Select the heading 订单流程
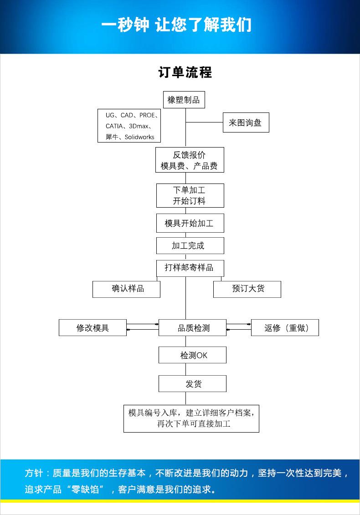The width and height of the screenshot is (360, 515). (x=185, y=72)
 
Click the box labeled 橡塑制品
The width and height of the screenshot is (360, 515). (x=184, y=100)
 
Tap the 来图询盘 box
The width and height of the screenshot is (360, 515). (x=246, y=122)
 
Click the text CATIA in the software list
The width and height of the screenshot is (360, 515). (x=114, y=126)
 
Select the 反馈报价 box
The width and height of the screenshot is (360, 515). (x=189, y=160)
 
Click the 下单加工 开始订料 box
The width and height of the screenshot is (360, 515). (x=190, y=195)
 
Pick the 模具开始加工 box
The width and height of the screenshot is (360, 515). (x=190, y=223)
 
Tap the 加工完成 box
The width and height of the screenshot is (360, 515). (x=190, y=245)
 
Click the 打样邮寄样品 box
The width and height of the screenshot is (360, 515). (x=190, y=267)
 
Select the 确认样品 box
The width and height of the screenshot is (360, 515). (x=126, y=289)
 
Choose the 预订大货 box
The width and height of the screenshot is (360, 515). (x=247, y=289)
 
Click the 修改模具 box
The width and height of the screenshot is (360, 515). (x=93, y=328)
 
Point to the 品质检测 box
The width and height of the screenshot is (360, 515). (x=192, y=328)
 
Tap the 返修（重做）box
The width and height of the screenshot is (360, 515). (x=285, y=328)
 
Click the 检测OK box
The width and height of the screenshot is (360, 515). (x=192, y=355)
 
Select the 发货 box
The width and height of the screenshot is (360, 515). (x=192, y=384)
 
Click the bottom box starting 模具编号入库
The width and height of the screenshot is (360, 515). (x=191, y=418)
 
